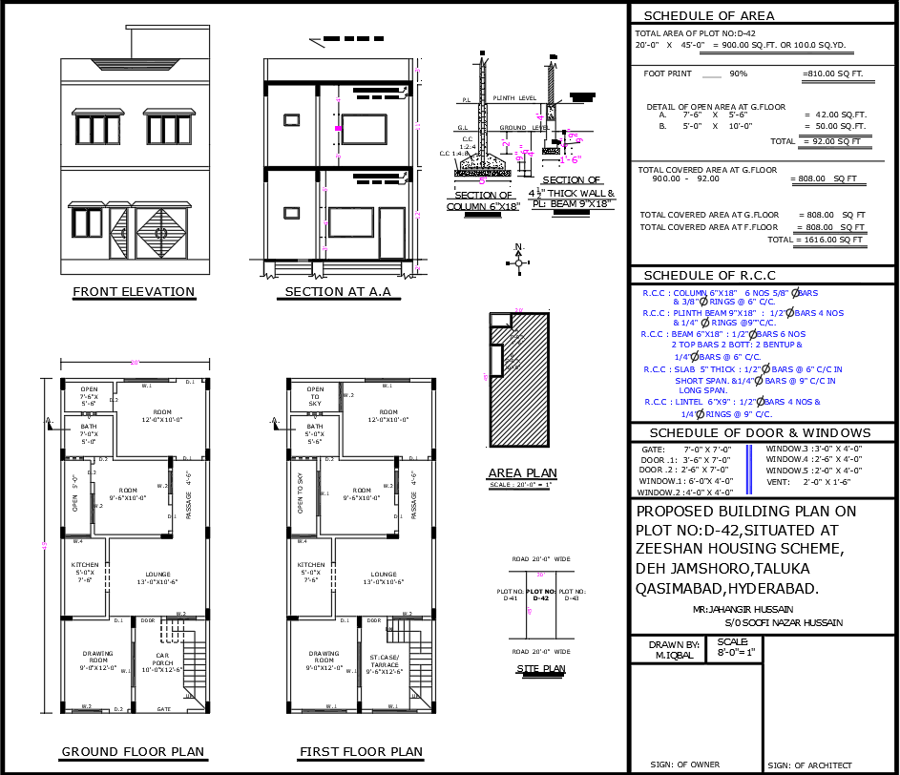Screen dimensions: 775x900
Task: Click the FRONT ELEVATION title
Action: pyautogui.click(x=134, y=292)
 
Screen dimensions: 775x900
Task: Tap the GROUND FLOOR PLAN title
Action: pyautogui.click(x=133, y=752)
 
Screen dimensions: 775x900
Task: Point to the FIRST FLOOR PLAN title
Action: pyautogui.click(x=361, y=752)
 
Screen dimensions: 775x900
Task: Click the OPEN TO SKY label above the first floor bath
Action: pyautogui.click(x=315, y=396)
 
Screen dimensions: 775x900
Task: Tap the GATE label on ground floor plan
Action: pyautogui.click(x=163, y=709)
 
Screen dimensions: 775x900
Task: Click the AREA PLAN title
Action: pyautogui.click(x=522, y=473)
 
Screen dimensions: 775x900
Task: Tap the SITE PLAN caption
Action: pyautogui.click(x=541, y=669)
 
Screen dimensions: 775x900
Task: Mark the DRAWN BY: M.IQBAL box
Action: pyautogui.click(x=666, y=649)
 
